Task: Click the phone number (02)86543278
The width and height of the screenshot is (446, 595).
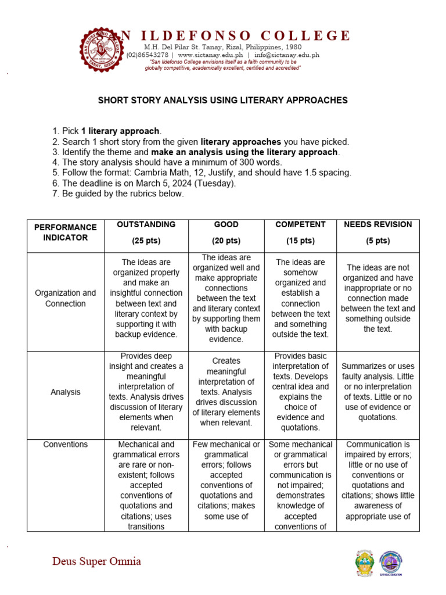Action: point(148,55)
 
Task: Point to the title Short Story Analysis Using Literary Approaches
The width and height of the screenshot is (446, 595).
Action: point(222,100)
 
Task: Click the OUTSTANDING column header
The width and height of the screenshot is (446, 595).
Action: point(146,224)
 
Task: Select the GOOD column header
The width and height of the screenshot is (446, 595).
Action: point(226,224)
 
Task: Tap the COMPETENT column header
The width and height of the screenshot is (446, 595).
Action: point(300,224)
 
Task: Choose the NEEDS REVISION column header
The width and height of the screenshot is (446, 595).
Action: point(377,224)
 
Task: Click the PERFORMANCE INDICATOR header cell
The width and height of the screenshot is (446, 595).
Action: point(65,232)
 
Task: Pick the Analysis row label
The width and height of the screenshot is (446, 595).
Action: point(65,392)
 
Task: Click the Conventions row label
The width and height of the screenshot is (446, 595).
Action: point(66,445)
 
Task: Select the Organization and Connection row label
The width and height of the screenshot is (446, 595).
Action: point(65,298)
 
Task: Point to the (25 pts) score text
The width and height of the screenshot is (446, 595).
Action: point(146,241)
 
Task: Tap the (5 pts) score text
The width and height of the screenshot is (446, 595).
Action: point(377,241)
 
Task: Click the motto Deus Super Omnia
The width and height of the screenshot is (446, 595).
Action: point(96,561)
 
